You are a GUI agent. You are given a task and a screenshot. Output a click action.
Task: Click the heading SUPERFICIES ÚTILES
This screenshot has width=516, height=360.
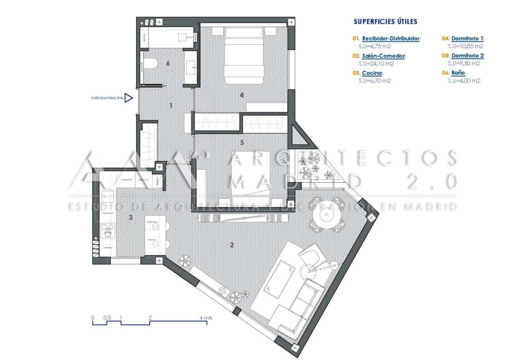click(x=385, y=22)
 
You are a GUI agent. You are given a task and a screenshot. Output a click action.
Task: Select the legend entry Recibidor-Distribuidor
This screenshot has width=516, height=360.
click(x=391, y=38)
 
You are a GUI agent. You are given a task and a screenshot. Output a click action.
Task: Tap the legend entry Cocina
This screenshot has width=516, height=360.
click(x=372, y=73)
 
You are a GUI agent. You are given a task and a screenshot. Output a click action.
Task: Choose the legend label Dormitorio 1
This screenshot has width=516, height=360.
click(x=467, y=38)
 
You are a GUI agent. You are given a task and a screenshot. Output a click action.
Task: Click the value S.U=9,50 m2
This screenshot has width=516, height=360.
click(x=464, y=63)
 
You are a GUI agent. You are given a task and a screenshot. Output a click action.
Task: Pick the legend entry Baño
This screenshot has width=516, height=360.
click(x=459, y=73)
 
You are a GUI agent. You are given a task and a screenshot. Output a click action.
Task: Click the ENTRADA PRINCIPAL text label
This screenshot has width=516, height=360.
click(x=107, y=98)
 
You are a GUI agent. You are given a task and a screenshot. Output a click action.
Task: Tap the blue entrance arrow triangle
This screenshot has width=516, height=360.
click(x=129, y=98)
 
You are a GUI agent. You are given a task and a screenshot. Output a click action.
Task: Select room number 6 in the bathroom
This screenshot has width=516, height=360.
click(x=168, y=63)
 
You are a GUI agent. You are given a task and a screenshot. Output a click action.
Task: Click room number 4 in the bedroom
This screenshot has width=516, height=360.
click(x=242, y=94)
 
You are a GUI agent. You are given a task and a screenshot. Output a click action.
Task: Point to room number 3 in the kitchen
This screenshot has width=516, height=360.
click(x=131, y=217)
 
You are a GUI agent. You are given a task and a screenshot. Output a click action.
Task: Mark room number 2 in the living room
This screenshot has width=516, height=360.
click(x=232, y=245)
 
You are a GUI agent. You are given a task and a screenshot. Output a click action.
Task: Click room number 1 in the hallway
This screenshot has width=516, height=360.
click(x=171, y=106)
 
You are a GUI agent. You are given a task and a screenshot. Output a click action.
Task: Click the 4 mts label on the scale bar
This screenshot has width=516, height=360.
click(x=206, y=318)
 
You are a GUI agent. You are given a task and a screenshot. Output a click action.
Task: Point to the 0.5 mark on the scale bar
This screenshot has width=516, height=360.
click(x=107, y=318)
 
